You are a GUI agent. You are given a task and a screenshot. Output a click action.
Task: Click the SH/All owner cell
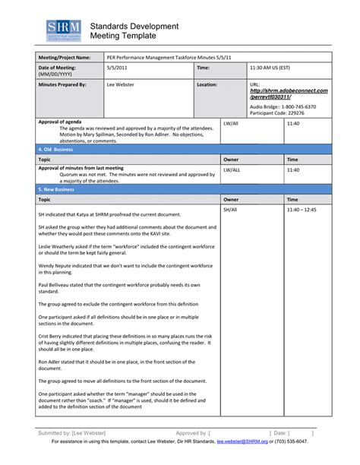click(230, 209)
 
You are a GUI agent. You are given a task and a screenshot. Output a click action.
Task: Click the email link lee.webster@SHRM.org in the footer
click(245, 441)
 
